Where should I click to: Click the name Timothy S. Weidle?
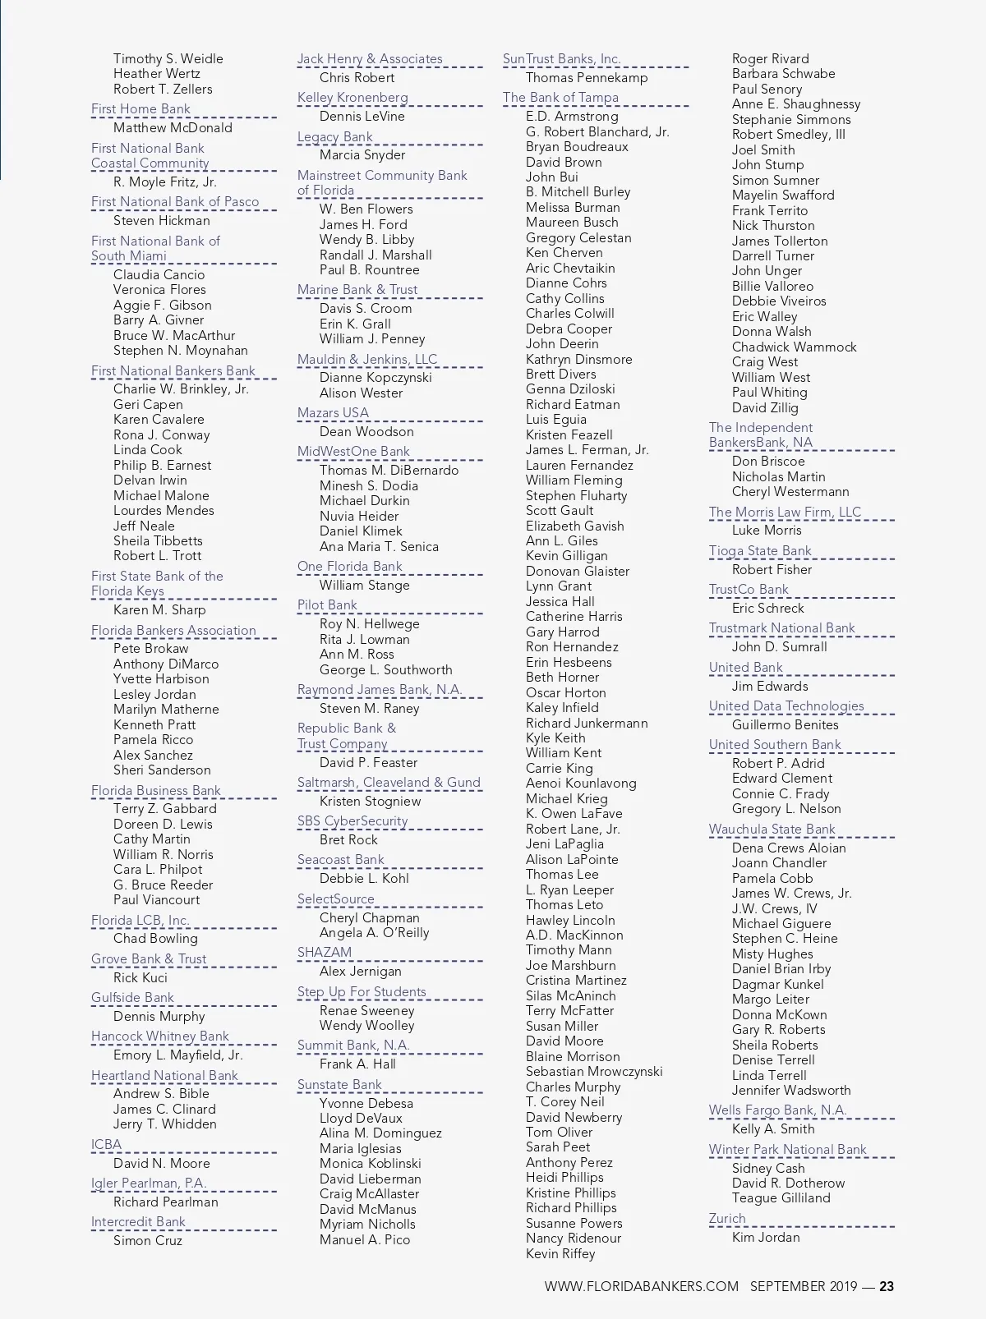(x=168, y=59)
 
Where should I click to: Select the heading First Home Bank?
(x=141, y=109)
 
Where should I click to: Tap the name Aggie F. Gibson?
(x=162, y=306)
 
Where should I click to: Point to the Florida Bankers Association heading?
(x=173, y=631)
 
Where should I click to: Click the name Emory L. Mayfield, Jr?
(x=177, y=1055)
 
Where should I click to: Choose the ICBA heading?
(x=106, y=1145)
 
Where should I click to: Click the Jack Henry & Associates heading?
(x=370, y=59)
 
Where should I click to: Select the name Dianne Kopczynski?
(x=375, y=378)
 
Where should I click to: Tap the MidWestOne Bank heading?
(x=353, y=452)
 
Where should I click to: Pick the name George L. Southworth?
(x=385, y=670)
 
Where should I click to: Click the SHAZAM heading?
(x=324, y=953)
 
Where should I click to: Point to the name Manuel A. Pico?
(x=364, y=1240)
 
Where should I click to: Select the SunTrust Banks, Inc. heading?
(x=561, y=59)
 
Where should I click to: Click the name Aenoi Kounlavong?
(x=580, y=784)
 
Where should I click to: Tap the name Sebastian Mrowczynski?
(x=593, y=1072)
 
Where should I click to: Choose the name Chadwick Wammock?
(x=794, y=347)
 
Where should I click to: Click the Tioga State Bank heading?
(x=760, y=551)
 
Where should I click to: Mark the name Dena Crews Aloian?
(x=788, y=848)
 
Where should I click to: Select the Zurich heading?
(x=727, y=1219)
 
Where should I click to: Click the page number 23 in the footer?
(x=886, y=1287)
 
